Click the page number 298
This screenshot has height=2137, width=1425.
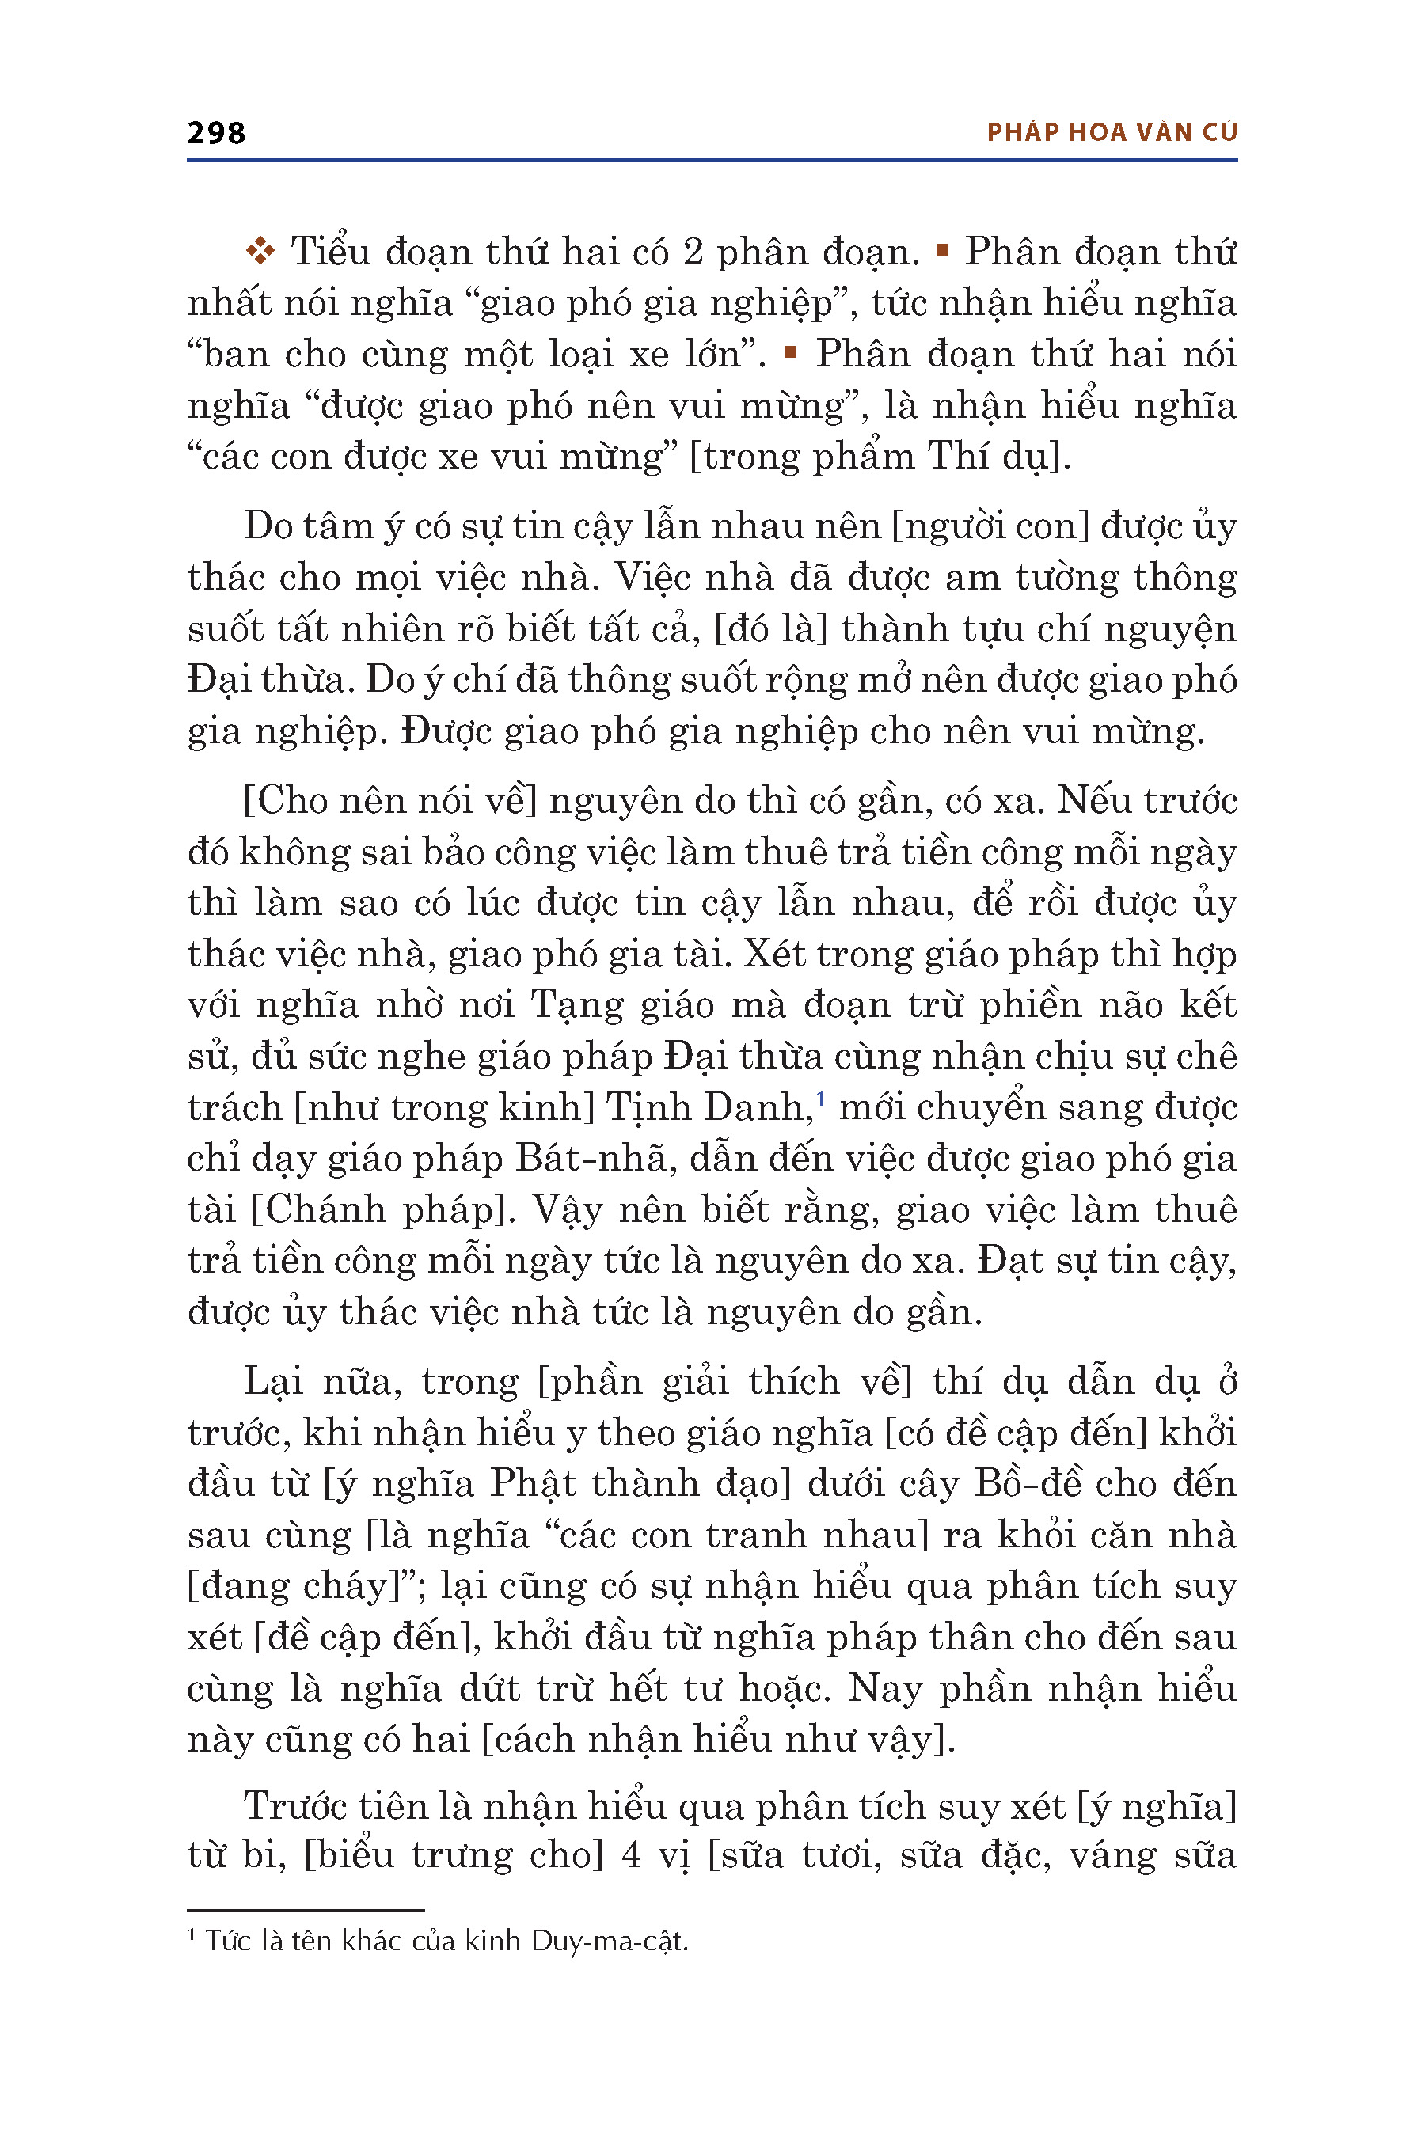(215, 133)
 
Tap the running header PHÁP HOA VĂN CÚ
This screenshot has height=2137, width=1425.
(1111, 133)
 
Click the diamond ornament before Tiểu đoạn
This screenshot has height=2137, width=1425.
(260, 251)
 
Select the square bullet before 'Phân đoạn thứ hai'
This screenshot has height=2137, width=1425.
(790, 351)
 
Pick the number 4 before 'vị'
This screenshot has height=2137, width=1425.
(632, 1854)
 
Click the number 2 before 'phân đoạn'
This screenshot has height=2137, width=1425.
(693, 252)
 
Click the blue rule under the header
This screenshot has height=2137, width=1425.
(712, 160)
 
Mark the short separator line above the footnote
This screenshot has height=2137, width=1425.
(306, 1910)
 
